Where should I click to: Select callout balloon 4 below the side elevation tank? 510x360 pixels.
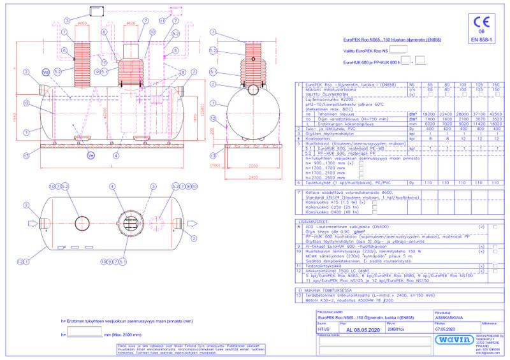pos(115,155)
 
